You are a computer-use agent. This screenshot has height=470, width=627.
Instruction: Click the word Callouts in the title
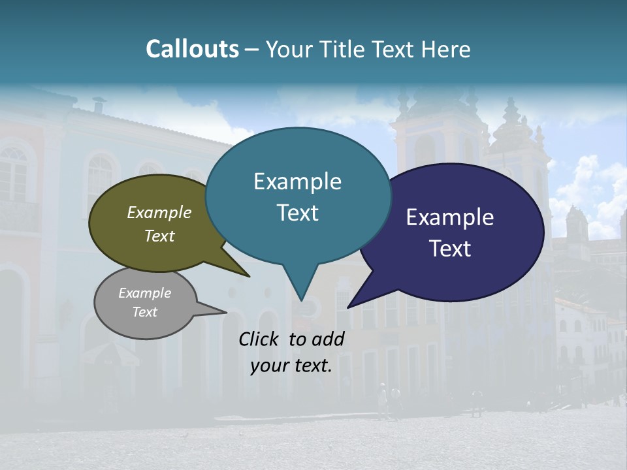click(x=192, y=49)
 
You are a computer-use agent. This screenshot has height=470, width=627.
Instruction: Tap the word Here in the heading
click(x=446, y=49)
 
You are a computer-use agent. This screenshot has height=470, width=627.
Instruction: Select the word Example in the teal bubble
click(x=297, y=181)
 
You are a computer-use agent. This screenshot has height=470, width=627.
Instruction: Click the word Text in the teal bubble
click(x=297, y=213)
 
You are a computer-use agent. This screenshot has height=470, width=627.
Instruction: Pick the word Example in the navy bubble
click(x=450, y=217)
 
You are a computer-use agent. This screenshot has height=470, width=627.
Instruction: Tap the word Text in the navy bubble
click(x=450, y=249)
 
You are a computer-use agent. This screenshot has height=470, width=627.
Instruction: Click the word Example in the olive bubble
click(x=159, y=212)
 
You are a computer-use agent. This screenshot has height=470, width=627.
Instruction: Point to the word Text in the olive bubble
click(x=159, y=236)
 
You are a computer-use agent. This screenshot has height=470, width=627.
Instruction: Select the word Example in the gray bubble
click(x=144, y=293)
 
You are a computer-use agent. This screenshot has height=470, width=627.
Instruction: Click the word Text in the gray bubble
click(x=144, y=312)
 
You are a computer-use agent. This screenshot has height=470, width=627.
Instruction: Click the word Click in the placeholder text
click(x=259, y=339)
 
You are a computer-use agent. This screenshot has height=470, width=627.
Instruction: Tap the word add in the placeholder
click(x=328, y=339)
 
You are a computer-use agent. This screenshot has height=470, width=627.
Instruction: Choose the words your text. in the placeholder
click(x=291, y=366)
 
